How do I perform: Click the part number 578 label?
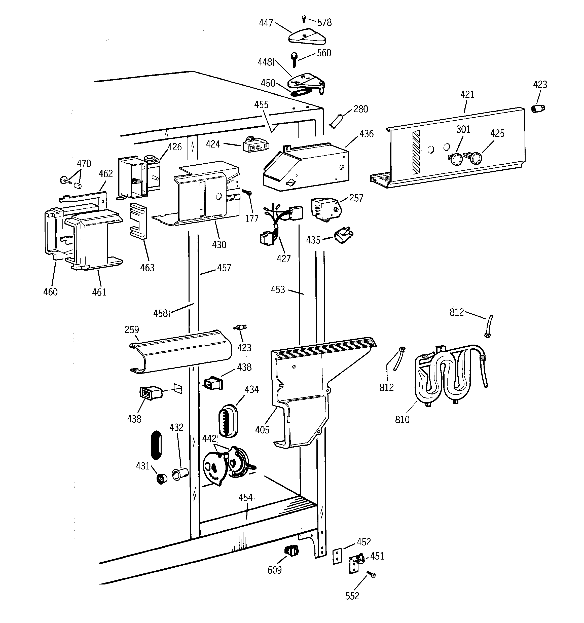pos(324,23)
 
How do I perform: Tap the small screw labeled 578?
pos(304,19)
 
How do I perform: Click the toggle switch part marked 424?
pos(255,146)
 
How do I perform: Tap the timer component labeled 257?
pos(324,208)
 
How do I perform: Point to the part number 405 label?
pos(262,430)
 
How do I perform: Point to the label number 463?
pos(147,268)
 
